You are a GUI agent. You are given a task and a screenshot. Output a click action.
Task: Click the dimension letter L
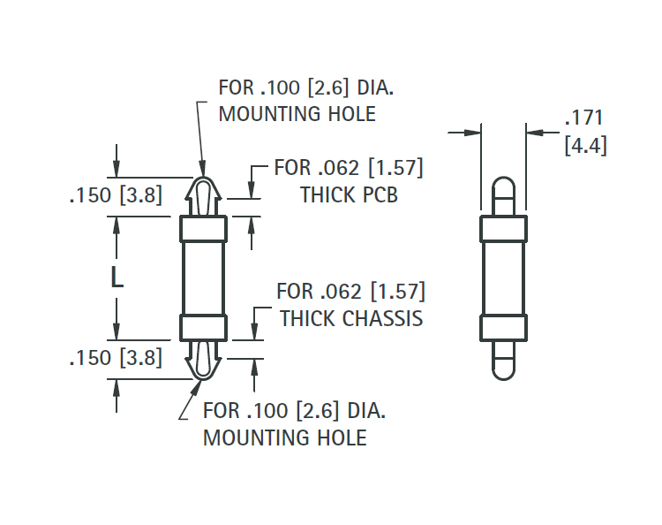coord(117,278)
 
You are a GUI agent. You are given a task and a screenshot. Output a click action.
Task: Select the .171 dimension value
coord(584,118)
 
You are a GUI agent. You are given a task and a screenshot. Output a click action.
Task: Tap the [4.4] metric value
coord(585,146)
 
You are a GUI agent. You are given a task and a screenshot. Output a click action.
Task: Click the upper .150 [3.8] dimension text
coord(117,195)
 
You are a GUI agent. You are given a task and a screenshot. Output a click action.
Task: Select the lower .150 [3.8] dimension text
coord(117,358)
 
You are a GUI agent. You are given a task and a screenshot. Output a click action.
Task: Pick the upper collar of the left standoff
coord(204,229)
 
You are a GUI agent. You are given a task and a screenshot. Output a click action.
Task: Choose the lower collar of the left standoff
coord(204,328)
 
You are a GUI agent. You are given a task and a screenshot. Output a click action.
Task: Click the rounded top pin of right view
coord(504,196)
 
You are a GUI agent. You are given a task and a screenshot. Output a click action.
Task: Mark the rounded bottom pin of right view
coord(504,360)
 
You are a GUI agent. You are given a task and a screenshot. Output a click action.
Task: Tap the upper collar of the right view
coord(504,229)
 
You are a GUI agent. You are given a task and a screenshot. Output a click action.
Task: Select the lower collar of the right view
coord(504,328)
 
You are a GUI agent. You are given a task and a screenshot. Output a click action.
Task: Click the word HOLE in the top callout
coord(351,114)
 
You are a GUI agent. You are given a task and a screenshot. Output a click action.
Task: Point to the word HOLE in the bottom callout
coord(342,437)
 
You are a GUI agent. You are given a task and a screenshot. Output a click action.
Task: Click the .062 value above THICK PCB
coord(339,168)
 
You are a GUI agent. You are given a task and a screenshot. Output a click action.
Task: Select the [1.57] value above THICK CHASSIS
coord(398,292)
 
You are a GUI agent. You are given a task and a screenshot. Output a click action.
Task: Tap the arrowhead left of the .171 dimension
coord(472,133)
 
